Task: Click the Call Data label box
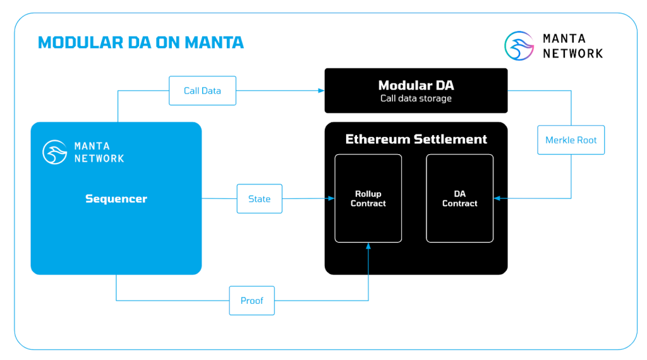pyautogui.click(x=202, y=90)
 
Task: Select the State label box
pyautogui.click(x=259, y=199)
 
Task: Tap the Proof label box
pyautogui.click(x=251, y=301)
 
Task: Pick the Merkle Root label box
pyautogui.click(x=571, y=140)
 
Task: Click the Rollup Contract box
pyautogui.click(x=368, y=198)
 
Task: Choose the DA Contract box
pyautogui.click(x=459, y=198)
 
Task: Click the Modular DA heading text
pyautogui.click(x=416, y=85)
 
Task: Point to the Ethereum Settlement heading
pyautogui.click(x=416, y=139)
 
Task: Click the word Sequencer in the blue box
pyautogui.click(x=116, y=198)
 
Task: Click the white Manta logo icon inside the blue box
pyautogui.click(x=55, y=152)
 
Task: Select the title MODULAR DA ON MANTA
pyautogui.click(x=140, y=42)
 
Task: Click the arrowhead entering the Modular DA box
pyautogui.click(x=320, y=90)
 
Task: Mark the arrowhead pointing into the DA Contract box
pyautogui.click(x=497, y=198)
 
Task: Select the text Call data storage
pyautogui.click(x=416, y=99)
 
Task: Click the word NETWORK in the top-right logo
pyautogui.click(x=572, y=54)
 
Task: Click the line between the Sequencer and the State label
pyautogui.click(x=219, y=198)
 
